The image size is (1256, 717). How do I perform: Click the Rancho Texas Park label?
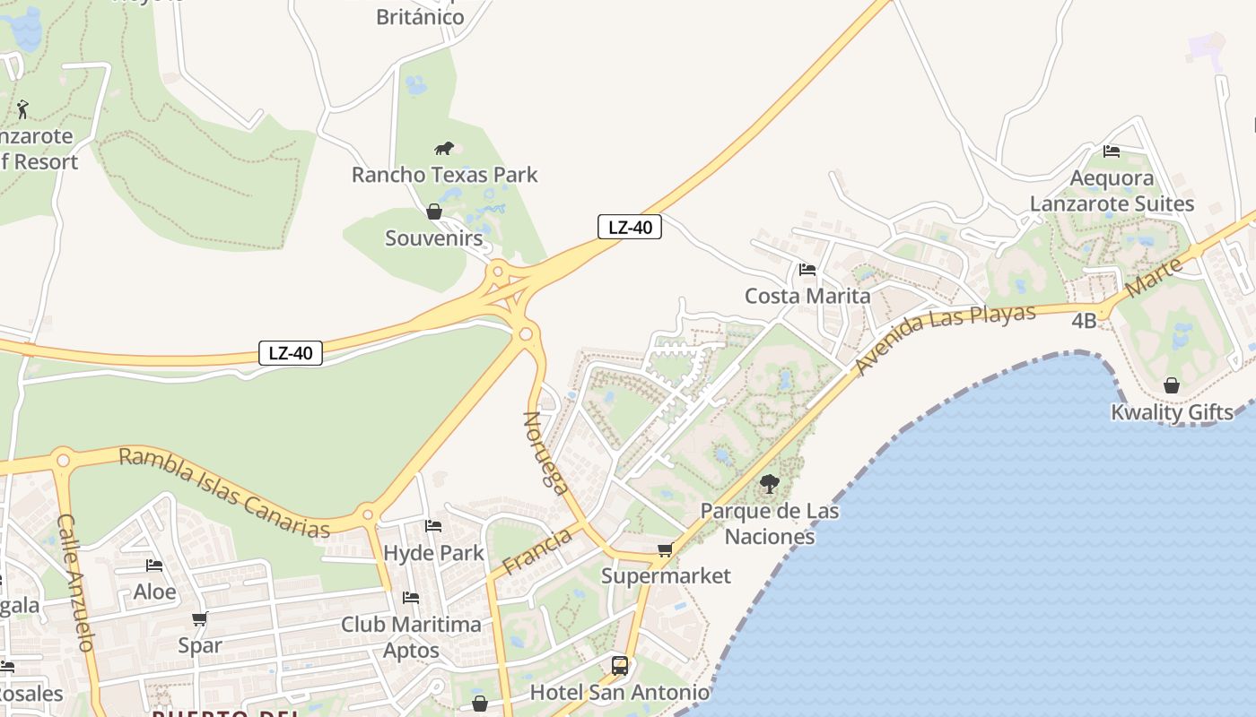[444, 175]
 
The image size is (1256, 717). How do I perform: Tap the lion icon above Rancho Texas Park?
[444, 148]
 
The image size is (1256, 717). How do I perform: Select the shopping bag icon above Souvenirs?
[434, 212]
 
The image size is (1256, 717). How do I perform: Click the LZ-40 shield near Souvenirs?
[630, 227]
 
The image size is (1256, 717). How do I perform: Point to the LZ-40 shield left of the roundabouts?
[291, 352]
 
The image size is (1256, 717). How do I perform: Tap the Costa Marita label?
[807, 296]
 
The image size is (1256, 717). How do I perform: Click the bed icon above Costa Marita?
[807, 269]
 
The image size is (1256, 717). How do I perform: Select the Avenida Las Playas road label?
[945, 340]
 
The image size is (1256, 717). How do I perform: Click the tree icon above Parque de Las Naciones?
[769, 485]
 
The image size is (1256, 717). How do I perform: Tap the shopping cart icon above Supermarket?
[665, 549]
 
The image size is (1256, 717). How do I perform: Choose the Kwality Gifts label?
[1172, 412]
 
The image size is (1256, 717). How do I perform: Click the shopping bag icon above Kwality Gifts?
[1172, 385]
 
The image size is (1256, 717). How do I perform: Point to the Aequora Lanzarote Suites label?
[1112, 191]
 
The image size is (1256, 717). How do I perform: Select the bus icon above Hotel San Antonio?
[620, 665]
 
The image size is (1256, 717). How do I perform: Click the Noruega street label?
[545, 453]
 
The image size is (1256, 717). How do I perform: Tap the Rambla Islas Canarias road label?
[224, 493]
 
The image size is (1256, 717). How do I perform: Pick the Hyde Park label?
[433, 553]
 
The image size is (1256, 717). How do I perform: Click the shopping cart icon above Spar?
[199, 618]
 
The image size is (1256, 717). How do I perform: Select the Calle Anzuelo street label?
[76, 583]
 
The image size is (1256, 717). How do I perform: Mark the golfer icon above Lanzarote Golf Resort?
[22, 109]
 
